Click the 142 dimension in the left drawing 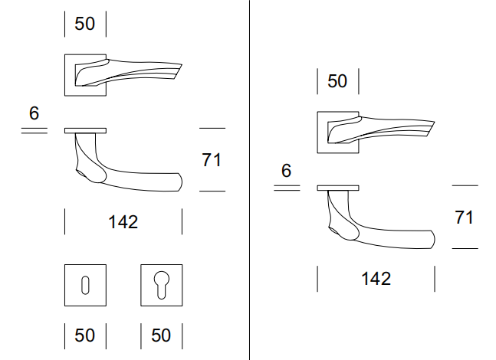click(x=123, y=222)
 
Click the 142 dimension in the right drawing click(x=376, y=278)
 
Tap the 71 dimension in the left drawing click(x=212, y=160)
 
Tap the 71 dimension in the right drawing click(x=464, y=218)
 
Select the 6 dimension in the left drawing click(x=34, y=114)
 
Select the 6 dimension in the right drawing click(x=286, y=172)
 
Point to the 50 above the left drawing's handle click(x=85, y=24)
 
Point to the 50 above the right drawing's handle click(x=337, y=81)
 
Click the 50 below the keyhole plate click(x=85, y=336)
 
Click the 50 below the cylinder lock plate click(x=161, y=336)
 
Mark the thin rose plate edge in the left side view click(x=86, y=130)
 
